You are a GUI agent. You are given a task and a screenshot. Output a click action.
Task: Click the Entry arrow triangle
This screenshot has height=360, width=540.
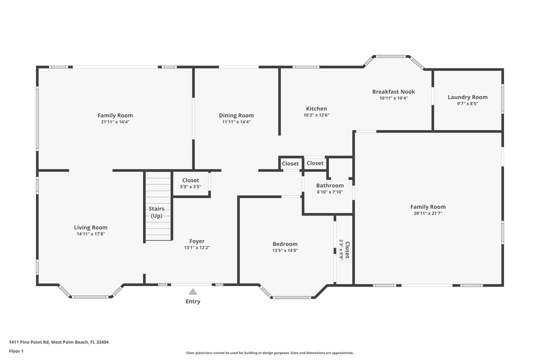(x=193, y=292)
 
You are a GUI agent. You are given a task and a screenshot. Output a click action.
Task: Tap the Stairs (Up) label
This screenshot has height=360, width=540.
(x=156, y=212)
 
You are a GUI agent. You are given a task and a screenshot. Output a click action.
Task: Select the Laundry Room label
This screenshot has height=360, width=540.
(x=467, y=97)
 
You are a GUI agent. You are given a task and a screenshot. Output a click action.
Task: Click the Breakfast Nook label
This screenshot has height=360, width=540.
(x=393, y=91)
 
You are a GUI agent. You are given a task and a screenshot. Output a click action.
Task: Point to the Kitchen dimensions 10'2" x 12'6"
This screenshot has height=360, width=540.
(x=316, y=115)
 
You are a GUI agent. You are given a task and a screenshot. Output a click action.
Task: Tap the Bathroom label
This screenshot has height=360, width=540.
(x=329, y=185)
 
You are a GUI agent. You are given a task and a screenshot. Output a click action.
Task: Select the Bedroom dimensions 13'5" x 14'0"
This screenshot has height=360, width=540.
(x=285, y=250)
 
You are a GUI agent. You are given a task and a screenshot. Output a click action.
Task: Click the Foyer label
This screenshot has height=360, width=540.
(x=196, y=241)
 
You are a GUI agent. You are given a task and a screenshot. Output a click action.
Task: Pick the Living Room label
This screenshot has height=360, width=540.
(x=91, y=227)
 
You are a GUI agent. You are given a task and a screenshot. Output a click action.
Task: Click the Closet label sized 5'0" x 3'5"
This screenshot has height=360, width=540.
(x=190, y=180)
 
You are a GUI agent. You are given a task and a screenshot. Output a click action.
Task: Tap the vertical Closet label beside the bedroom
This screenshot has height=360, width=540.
(x=347, y=250)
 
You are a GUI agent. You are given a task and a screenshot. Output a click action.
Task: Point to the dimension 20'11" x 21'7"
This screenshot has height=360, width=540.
(x=428, y=213)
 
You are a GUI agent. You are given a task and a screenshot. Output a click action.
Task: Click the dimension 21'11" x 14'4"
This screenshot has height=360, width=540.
(x=115, y=121)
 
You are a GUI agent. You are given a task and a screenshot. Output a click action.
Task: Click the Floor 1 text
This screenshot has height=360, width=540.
(x=16, y=351)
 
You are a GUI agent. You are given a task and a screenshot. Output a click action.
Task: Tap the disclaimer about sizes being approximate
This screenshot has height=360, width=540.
(x=269, y=353)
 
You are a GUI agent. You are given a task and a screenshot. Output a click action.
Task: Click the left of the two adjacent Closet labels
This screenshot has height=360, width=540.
(x=290, y=163)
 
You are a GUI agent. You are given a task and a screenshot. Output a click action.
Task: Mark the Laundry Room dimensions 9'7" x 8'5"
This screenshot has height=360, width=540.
(x=467, y=103)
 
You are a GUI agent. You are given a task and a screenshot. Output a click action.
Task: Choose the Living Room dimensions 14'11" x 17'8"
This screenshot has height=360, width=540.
(x=91, y=233)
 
